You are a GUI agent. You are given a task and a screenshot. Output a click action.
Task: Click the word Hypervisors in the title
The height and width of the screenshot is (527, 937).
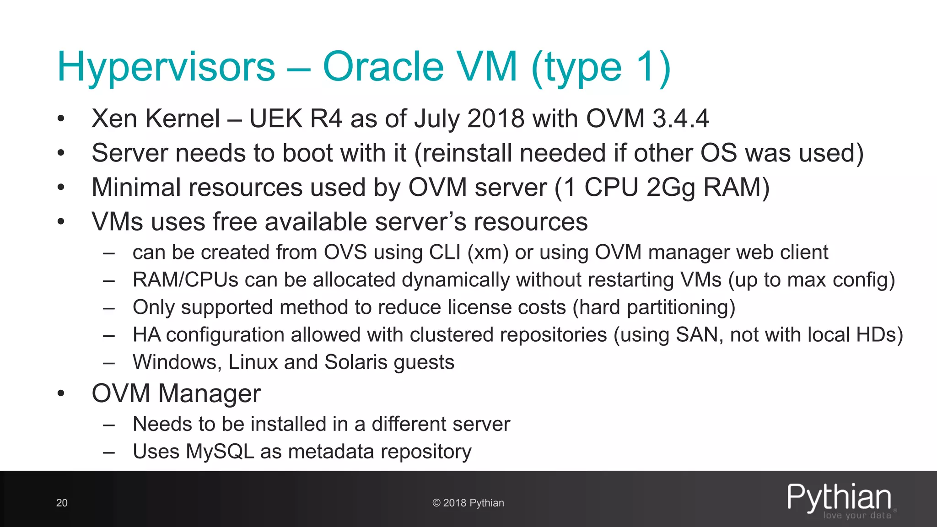(x=166, y=67)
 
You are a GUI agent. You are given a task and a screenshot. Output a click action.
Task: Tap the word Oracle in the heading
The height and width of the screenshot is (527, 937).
(x=383, y=66)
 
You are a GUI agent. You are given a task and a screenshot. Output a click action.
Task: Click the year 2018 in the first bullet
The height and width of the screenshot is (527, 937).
(x=496, y=118)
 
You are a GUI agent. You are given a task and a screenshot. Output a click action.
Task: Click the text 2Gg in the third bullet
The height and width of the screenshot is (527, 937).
(x=671, y=188)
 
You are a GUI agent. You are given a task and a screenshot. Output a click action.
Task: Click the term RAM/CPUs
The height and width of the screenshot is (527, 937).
(x=185, y=280)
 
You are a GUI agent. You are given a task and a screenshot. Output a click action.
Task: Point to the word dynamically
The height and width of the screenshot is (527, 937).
(x=456, y=280)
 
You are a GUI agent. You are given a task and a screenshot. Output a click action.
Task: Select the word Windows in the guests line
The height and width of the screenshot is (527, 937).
(x=174, y=362)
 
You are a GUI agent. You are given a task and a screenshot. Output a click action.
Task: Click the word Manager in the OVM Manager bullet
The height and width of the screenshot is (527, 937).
(x=209, y=393)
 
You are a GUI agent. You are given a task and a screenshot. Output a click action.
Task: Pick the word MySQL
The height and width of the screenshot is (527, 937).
(x=220, y=452)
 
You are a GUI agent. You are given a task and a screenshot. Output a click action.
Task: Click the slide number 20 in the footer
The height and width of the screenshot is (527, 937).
(x=62, y=503)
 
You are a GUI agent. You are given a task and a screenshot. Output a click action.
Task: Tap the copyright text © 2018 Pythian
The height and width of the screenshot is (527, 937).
(x=468, y=503)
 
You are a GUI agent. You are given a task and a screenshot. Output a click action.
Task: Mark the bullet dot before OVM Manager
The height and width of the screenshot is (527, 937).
(x=61, y=394)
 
